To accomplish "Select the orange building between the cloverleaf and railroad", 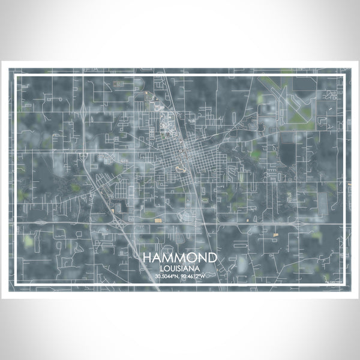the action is (x=158, y=220).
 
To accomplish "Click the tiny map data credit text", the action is (x=333, y=280).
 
